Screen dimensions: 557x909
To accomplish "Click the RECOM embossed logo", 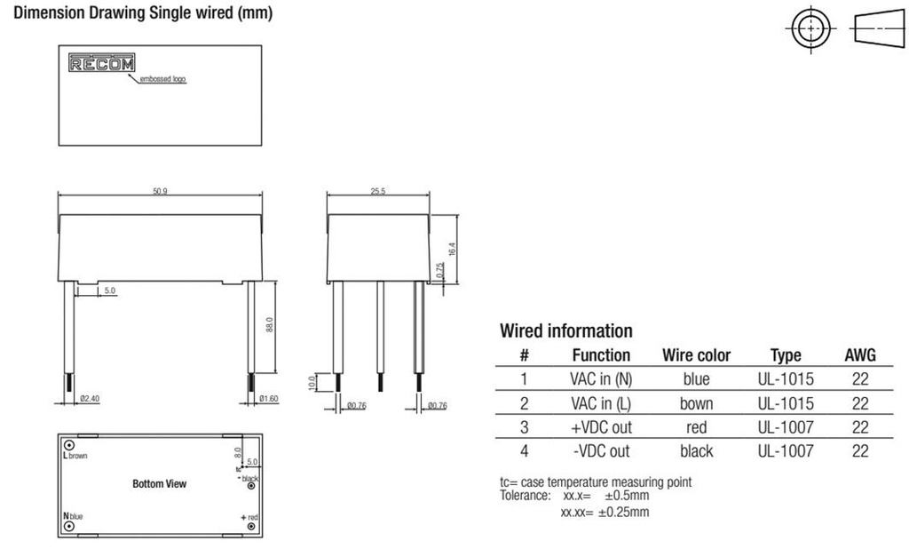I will [x=102, y=64].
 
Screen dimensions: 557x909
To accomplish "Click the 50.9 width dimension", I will [x=160, y=192].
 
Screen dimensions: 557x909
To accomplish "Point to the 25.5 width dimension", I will [x=378, y=192].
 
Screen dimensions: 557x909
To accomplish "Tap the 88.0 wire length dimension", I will [x=269, y=326].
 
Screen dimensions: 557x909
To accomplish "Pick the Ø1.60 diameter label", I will [x=268, y=399].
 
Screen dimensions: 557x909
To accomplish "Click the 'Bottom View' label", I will [x=160, y=484].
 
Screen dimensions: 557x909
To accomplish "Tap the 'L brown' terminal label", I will [x=75, y=455].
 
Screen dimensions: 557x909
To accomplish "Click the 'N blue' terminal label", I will [x=73, y=516].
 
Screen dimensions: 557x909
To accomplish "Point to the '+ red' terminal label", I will [x=249, y=517].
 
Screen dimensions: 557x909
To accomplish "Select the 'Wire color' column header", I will [x=696, y=355].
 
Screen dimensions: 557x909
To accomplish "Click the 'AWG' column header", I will [x=859, y=355].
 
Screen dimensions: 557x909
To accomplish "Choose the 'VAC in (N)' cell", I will [x=601, y=379].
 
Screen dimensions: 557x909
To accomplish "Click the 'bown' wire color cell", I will [x=696, y=403].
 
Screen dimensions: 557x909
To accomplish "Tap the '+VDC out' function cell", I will [x=601, y=427].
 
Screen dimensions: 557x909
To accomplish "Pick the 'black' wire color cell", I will [x=696, y=451].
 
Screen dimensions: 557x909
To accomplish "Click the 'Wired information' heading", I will [x=566, y=331].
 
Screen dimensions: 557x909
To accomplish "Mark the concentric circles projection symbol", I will [x=809, y=29].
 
